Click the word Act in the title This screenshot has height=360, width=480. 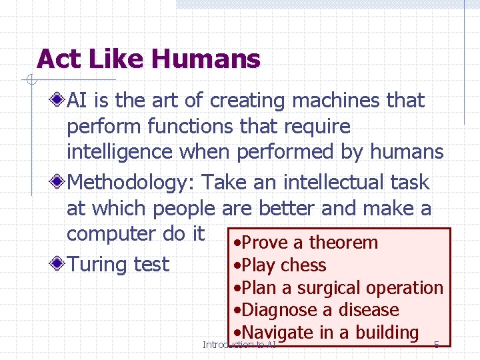[x=56, y=59]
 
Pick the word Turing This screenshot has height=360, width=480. [x=98, y=265]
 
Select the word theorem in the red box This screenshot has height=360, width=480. [x=343, y=243]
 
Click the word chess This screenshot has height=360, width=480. [x=303, y=265]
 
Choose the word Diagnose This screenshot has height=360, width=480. [x=279, y=310]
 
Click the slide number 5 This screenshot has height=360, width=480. [x=436, y=345]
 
